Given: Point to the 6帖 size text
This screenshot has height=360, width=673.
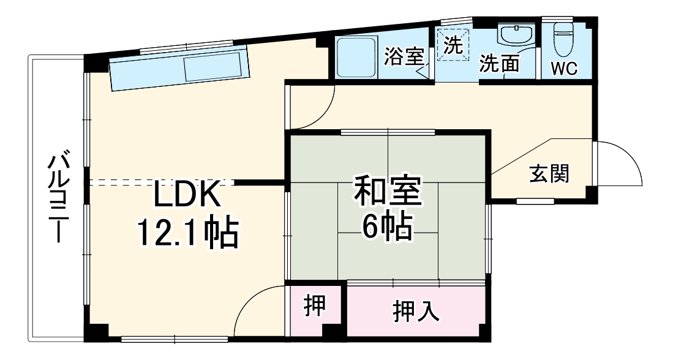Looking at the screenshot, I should (x=387, y=227).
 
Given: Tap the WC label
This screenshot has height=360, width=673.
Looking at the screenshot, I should (x=564, y=69).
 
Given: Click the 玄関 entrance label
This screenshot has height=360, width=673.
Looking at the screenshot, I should (x=549, y=174).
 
